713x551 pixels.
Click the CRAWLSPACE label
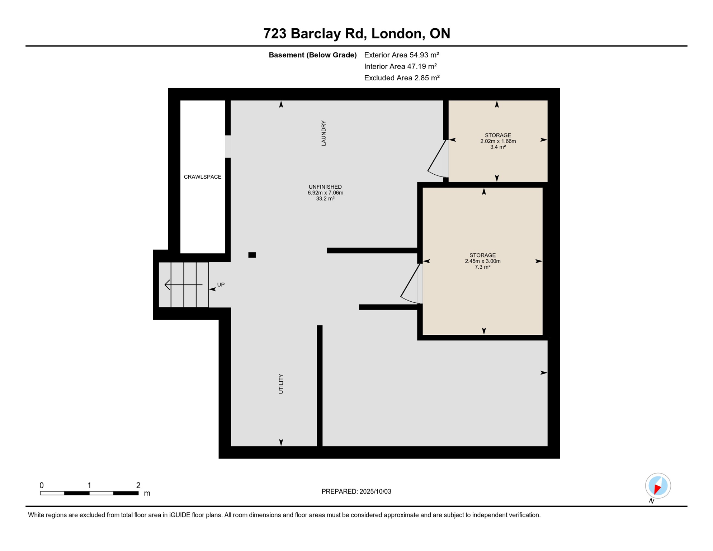(203, 177)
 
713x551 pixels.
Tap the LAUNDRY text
(324, 133)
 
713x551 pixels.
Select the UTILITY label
(281, 384)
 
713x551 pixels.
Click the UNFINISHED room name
(325, 187)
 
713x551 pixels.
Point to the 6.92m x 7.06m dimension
(325, 193)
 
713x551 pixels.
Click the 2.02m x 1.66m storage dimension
(498, 141)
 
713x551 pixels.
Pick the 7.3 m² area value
(482, 267)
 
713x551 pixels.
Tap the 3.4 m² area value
(498, 147)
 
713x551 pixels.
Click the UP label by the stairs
(221, 285)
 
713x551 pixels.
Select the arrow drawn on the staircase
(183, 285)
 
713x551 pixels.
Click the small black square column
(252, 255)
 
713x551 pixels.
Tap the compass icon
(658, 486)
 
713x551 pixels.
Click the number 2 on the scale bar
(138, 485)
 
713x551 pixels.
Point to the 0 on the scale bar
(42, 485)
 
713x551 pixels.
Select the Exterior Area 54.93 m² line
(401, 55)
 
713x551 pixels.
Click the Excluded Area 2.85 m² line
(402, 78)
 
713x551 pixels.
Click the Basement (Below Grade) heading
(313, 55)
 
